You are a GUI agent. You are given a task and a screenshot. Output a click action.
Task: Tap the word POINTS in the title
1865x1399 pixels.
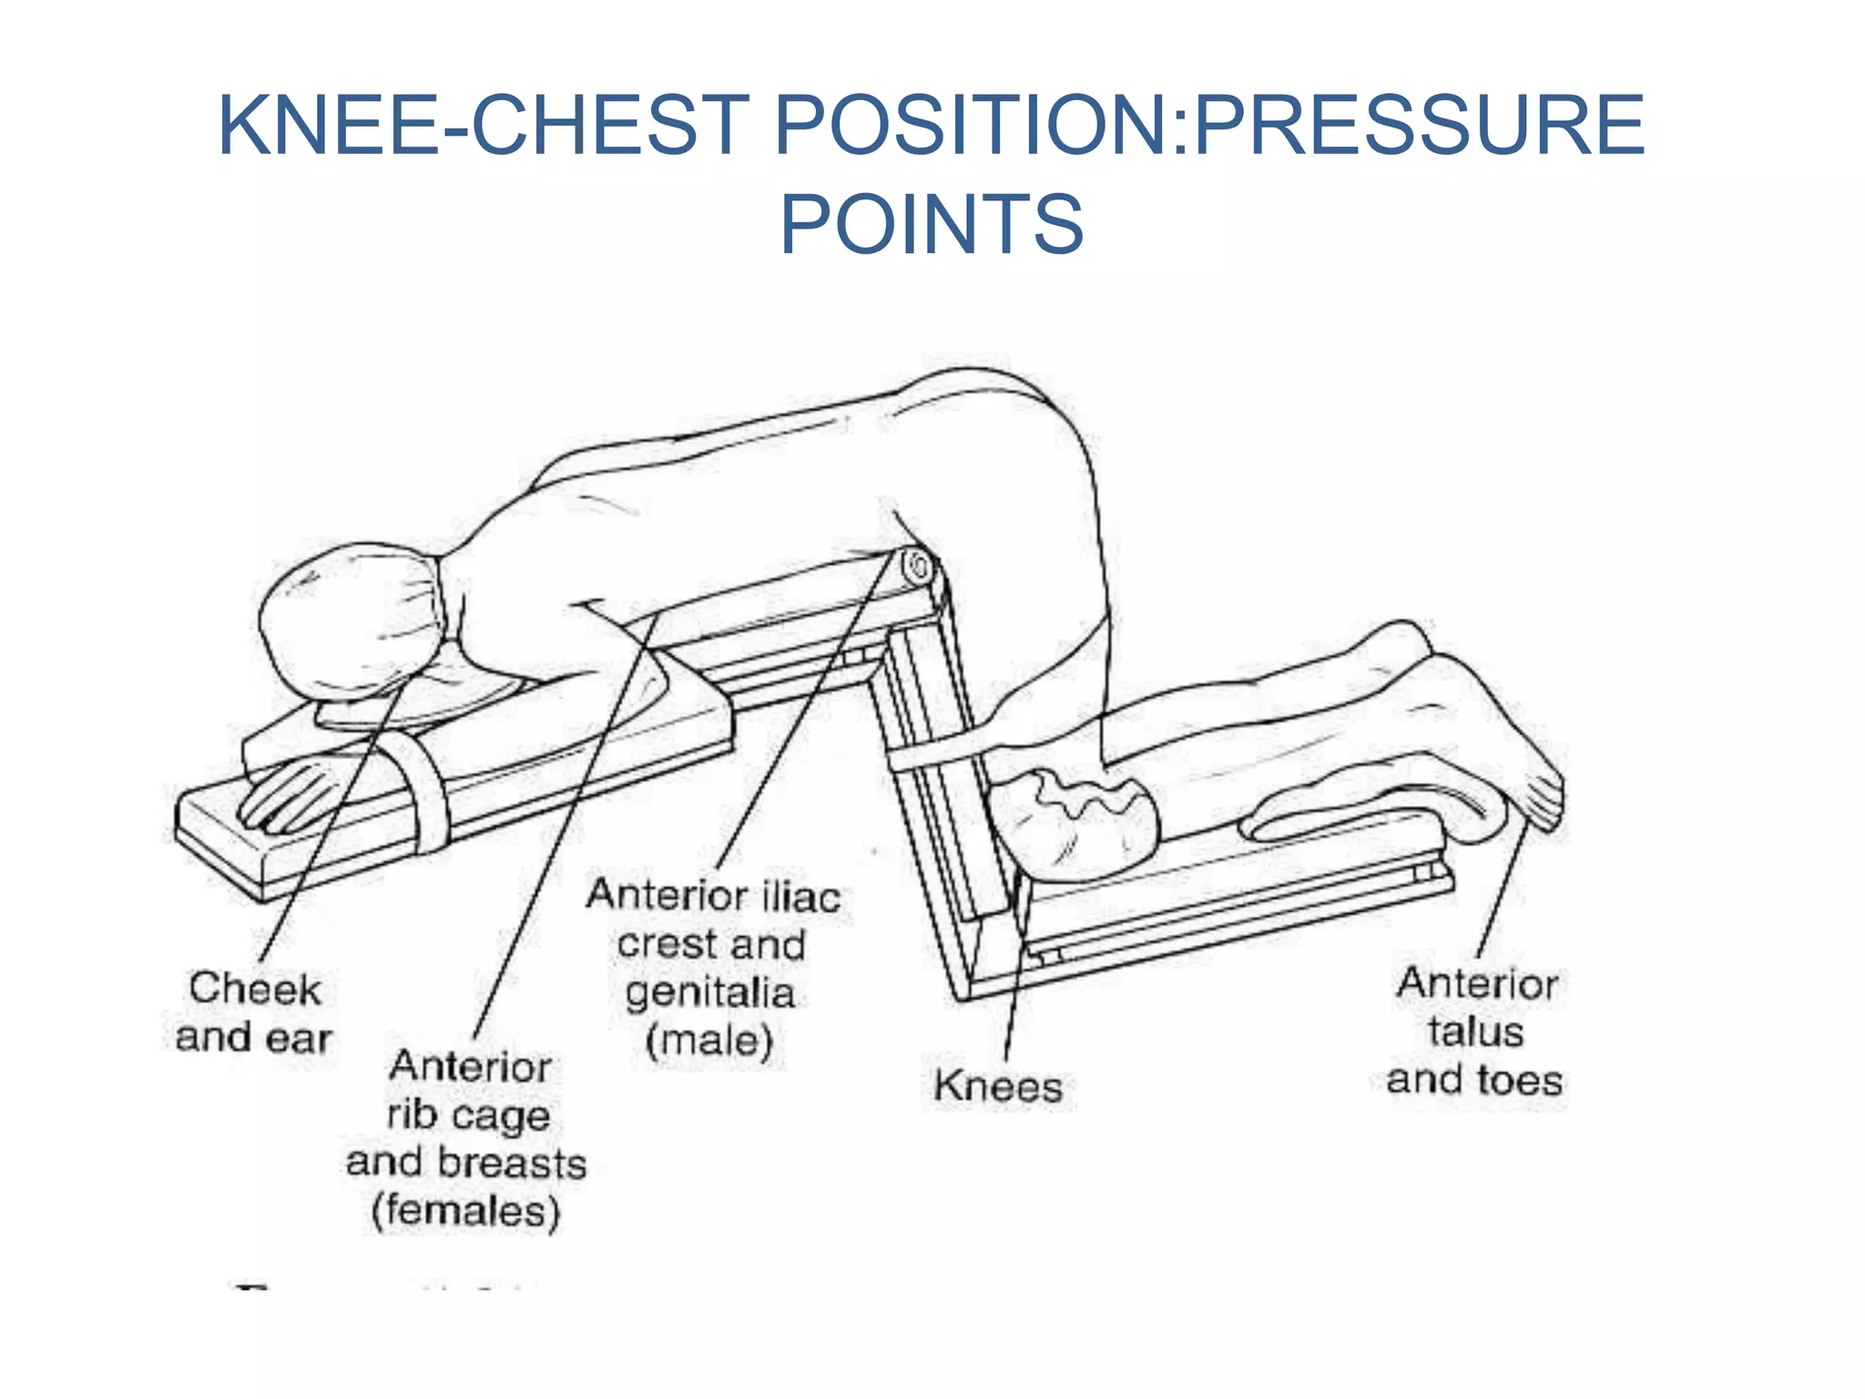(x=932, y=224)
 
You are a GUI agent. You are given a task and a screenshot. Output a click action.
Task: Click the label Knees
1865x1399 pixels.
(x=998, y=1086)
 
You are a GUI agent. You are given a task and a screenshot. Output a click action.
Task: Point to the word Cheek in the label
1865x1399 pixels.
(x=255, y=988)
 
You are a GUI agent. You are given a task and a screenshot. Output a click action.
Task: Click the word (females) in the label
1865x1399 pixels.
(x=465, y=1211)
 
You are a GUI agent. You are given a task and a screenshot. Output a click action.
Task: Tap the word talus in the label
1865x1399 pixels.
(x=1475, y=1032)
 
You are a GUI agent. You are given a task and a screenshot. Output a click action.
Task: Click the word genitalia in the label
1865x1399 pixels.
(x=709, y=993)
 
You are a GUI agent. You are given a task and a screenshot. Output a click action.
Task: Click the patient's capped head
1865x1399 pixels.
(x=351, y=619)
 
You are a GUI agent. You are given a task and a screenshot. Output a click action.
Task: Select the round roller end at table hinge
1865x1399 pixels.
(x=918, y=568)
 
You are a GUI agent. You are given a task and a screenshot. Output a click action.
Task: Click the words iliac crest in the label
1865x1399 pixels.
(x=719, y=920)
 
